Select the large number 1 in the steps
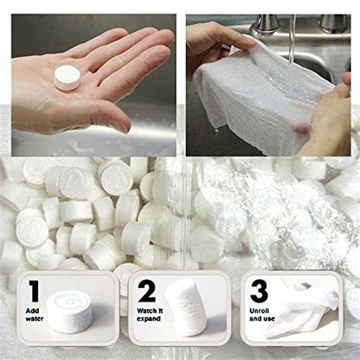click(33, 291)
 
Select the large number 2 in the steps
click(147, 291)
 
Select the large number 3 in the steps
click(258, 291)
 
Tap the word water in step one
click(33, 319)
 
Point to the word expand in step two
click(147, 319)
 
